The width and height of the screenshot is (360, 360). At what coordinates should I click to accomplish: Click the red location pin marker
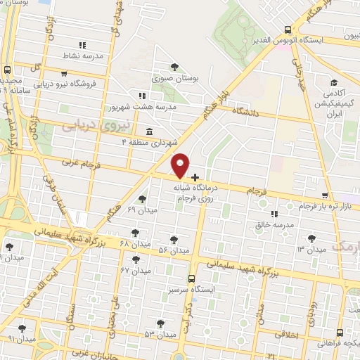pyautogui.click(x=181, y=164)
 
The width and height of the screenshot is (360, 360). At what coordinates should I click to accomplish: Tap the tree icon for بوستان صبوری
pyautogui.click(x=174, y=67)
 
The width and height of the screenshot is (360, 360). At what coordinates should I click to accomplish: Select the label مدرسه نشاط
pyautogui.click(x=93, y=54)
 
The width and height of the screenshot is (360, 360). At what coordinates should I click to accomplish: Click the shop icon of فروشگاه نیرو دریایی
pyautogui.click(x=64, y=72)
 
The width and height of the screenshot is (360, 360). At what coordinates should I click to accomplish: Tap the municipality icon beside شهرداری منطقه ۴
pyautogui.click(x=148, y=131)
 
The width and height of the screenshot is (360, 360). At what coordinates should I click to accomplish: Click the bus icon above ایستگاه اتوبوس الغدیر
pyautogui.click(x=288, y=30)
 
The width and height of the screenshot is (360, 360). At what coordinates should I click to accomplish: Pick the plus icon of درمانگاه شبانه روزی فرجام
pyautogui.click(x=195, y=176)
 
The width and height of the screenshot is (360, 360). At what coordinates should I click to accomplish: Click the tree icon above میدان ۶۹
pyautogui.click(x=143, y=199)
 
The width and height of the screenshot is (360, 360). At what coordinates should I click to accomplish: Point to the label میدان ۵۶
pyautogui.click(x=174, y=250)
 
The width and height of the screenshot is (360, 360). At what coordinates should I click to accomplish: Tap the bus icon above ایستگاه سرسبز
pyautogui.click(x=192, y=278)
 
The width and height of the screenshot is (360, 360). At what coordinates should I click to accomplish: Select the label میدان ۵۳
pyautogui.click(x=160, y=335)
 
